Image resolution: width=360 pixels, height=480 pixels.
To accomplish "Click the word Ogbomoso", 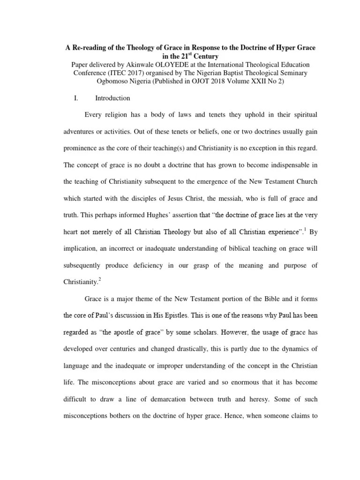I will (x=100, y=81).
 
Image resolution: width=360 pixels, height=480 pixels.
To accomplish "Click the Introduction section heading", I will (x=112, y=98).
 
